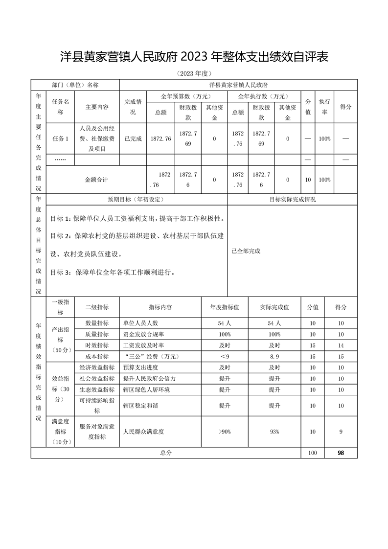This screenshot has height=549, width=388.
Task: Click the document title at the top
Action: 194,57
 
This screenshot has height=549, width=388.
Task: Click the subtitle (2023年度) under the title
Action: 194,73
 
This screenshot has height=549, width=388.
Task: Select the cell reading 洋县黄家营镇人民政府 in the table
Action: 238,85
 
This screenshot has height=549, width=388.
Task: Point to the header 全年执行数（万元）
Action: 264,96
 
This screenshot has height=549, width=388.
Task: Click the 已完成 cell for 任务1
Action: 133,138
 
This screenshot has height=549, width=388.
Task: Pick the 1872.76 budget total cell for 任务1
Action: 161,138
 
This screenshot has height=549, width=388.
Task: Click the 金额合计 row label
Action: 96,180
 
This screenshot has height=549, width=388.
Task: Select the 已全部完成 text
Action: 246,251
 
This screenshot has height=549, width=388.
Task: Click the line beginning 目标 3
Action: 113,272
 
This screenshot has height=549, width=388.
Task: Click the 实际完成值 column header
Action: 274,307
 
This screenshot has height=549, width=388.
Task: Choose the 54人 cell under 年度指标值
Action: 225,323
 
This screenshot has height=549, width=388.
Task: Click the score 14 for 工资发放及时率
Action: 341,345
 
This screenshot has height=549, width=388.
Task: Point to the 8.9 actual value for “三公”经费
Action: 274,356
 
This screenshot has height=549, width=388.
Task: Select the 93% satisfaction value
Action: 274,432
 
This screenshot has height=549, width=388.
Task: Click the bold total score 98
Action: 341,453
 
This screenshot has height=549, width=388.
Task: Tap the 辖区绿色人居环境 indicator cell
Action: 147,389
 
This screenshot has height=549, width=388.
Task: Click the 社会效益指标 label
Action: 96,379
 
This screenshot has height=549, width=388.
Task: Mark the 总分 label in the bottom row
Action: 166,453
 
